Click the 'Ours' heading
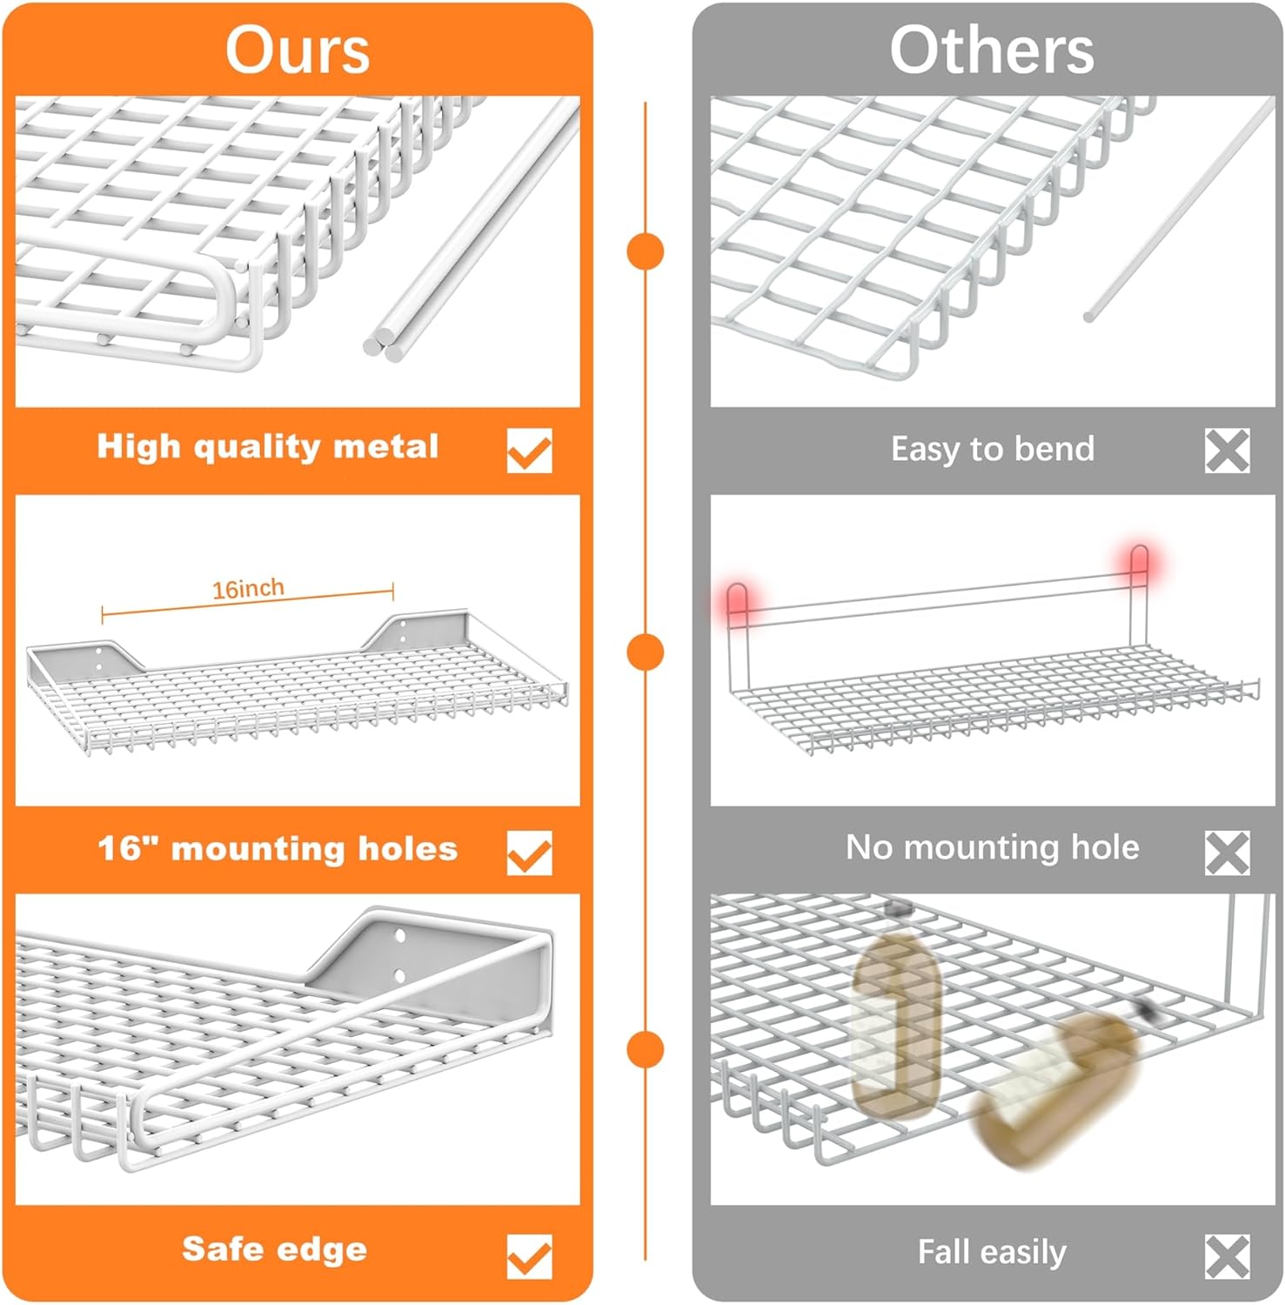(x=298, y=50)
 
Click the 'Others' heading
(x=992, y=50)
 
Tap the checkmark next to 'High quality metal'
(x=530, y=451)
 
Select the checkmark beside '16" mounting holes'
(x=530, y=853)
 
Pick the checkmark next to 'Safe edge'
(x=530, y=1256)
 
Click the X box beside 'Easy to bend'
(x=1228, y=451)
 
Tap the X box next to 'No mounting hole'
(x=1228, y=853)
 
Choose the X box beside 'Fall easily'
(x=1228, y=1256)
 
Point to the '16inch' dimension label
(x=248, y=589)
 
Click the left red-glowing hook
(x=738, y=600)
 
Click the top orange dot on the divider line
(x=646, y=251)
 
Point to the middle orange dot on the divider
(x=646, y=652)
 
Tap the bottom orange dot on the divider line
(x=646, y=1048)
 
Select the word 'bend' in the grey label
(x=1054, y=448)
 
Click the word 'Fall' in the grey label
(x=943, y=1252)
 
